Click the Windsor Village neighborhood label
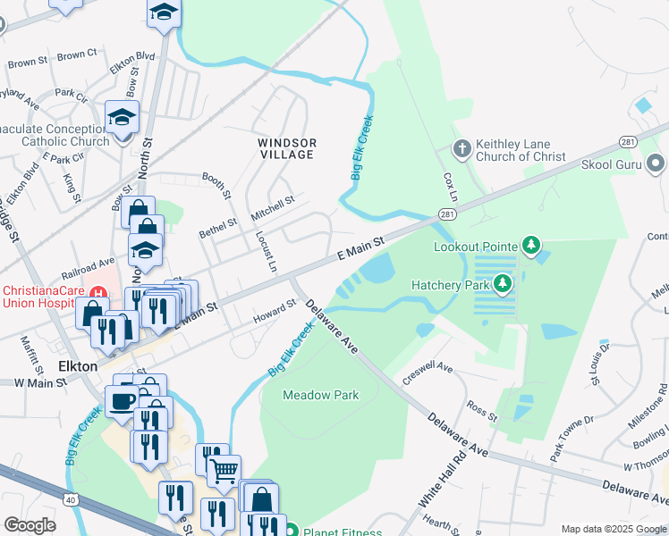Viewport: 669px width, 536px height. (286, 148)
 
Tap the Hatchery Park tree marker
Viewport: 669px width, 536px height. (503, 285)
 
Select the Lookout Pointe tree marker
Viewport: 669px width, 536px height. (531, 245)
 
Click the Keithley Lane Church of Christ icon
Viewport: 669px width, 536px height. (462, 149)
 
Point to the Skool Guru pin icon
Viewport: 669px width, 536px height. (656, 164)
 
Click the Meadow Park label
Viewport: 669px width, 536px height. (320, 394)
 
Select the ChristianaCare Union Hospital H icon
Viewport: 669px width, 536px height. (100, 293)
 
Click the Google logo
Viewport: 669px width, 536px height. (30, 525)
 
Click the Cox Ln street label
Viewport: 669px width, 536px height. (450, 187)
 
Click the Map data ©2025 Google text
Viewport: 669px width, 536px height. (614, 529)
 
